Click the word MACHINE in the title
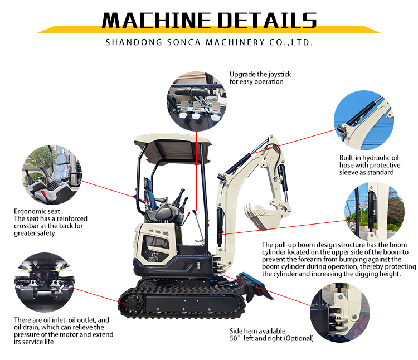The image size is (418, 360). click(x=157, y=20)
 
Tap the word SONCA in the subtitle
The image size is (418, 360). click(x=183, y=42)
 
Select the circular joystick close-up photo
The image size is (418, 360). click(x=197, y=101)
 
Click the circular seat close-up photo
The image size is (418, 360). click(x=52, y=175)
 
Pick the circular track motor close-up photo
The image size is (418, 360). click(x=44, y=283)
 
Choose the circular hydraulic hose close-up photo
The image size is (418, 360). click(x=363, y=120)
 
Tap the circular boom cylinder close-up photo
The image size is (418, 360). click(x=375, y=212)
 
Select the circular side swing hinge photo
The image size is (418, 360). click(x=340, y=312)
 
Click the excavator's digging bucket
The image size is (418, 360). click(x=264, y=215)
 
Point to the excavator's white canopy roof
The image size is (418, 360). click(x=173, y=144)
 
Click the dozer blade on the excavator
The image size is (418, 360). click(x=255, y=286)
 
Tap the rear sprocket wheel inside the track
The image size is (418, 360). click(x=132, y=303)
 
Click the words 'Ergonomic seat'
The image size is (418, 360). click(x=37, y=212)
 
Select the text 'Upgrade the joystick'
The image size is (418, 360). click(x=260, y=74)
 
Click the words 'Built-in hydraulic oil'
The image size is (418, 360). click(x=369, y=158)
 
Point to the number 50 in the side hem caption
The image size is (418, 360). click(x=234, y=338)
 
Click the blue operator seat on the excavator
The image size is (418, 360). click(x=149, y=194)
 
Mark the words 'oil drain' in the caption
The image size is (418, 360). click(x=26, y=327)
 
